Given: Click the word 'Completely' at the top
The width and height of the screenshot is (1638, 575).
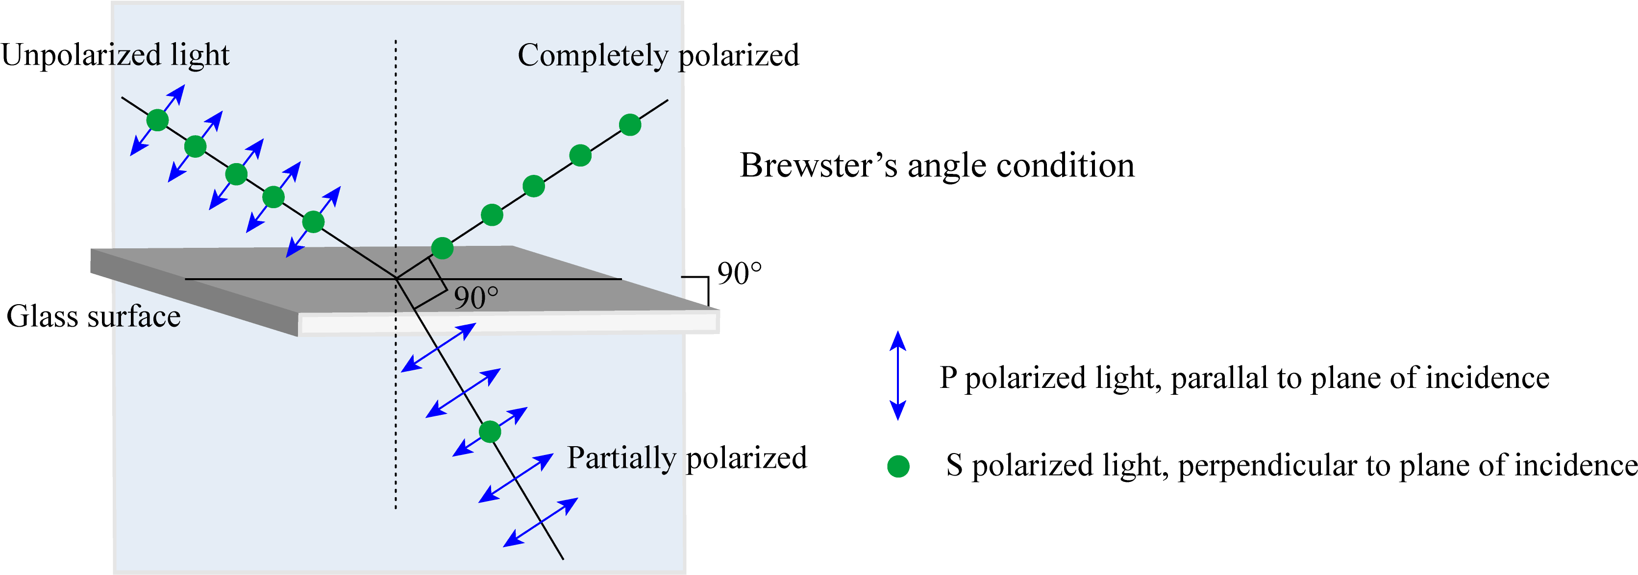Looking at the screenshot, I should pyautogui.click(x=593, y=56).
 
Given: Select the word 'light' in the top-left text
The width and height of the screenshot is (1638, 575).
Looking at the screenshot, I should pyautogui.click(x=199, y=55).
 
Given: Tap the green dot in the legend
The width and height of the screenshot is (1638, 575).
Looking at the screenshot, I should pyautogui.click(x=898, y=466).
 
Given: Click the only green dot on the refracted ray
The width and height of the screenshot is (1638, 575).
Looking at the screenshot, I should pyautogui.click(x=490, y=432).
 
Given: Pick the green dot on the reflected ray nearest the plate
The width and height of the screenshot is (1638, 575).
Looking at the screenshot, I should pyautogui.click(x=442, y=248).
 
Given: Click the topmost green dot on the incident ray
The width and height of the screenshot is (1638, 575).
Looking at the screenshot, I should pyautogui.click(x=157, y=120).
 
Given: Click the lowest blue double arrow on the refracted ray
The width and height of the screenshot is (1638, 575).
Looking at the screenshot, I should pyautogui.click(x=541, y=522).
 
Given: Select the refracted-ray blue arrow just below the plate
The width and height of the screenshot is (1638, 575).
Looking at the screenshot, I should pyautogui.click(x=439, y=347).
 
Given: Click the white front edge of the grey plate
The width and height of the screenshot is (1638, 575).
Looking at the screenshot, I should pyautogui.click(x=509, y=325).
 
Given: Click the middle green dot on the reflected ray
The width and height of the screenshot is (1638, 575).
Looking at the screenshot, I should pyautogui.click(x=533, y=186).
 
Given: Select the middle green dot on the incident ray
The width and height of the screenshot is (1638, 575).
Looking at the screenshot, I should pyautogui.click(x=236, y=174).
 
